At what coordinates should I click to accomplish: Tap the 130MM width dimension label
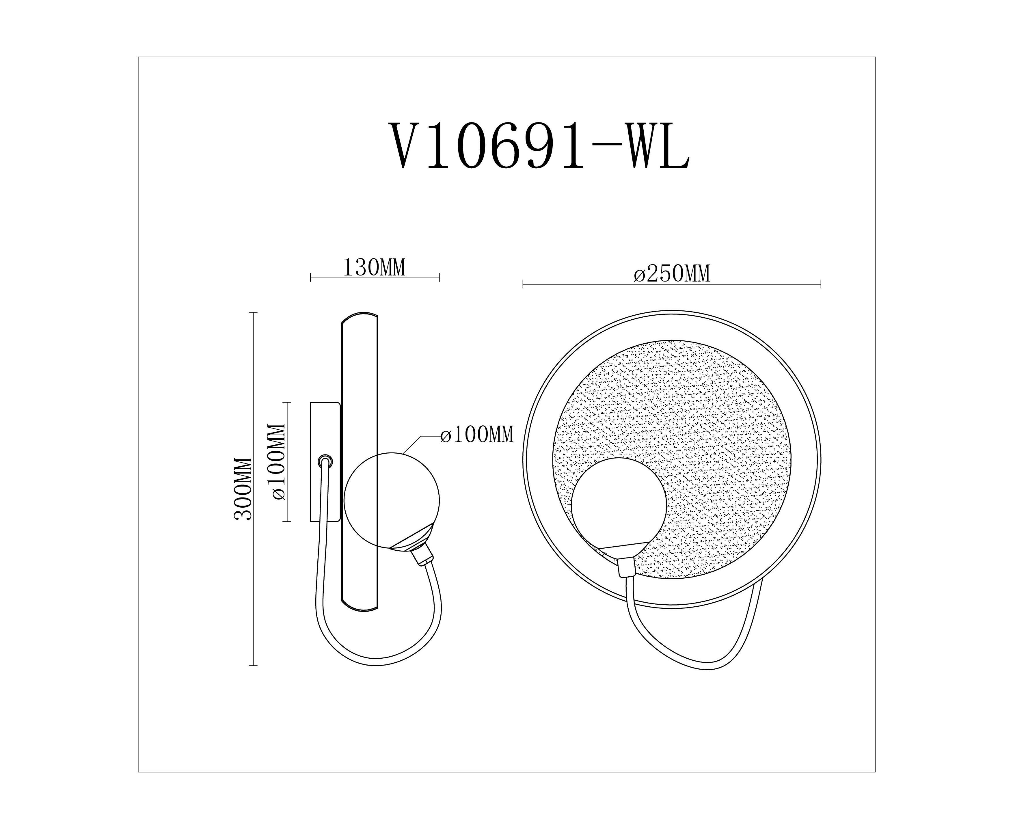pyautogui.click(x=375, y=268)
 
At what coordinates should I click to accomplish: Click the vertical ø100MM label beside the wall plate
pyautogui.click(x=278, y=462)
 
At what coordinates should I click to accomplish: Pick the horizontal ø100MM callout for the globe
pyautogui.click(x=477, y=435)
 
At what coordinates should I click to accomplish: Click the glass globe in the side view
pyautogui.click(x=392, y=500)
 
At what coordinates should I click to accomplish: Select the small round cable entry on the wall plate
pyautogui.click(x=325, y=461)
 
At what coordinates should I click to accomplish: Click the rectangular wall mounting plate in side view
pyautogui.click(x=325, y=461)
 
